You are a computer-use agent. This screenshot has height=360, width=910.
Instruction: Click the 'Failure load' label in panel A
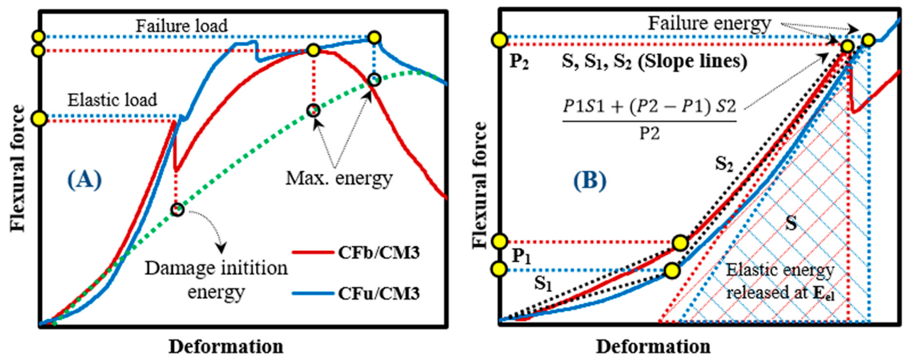click(182, 26)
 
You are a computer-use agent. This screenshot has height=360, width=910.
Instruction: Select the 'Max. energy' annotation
click(339, 178)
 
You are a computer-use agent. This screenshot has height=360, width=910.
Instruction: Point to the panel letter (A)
click(84, 180)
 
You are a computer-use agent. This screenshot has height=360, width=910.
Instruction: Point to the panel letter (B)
click(589, 181)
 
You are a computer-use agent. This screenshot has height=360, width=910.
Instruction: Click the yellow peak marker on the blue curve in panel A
click(374, 37)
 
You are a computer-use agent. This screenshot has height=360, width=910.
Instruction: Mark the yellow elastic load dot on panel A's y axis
click(40, 118)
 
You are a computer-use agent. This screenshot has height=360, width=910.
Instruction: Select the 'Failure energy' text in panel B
click(709, 24)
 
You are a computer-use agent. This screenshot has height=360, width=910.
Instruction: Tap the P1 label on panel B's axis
click(521, 256)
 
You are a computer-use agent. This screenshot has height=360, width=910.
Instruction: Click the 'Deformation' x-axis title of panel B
click(653, 347)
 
